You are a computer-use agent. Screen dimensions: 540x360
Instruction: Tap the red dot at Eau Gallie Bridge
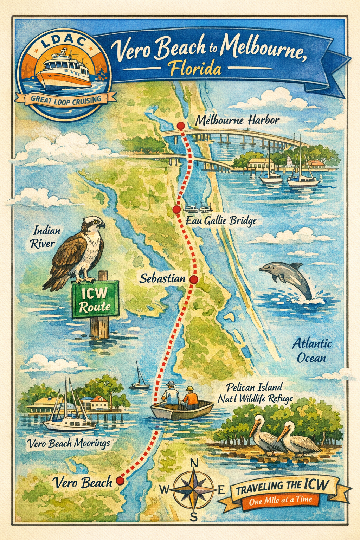pyautogui.click(x=177, y=210)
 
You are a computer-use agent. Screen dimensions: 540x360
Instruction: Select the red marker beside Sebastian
pyautogui.click(x=194, y=279)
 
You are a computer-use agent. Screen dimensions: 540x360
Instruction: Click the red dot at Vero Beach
pyautogui.click(x=120, y=481)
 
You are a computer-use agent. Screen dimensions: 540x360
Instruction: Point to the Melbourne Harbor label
pyautogui.click(x=237, y=121)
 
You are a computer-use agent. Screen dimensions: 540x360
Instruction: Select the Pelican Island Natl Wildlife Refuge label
pyautogui.click(x=255, y=393)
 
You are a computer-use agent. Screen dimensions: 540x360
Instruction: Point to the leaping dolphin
pyautogui.click(x=287, y=278)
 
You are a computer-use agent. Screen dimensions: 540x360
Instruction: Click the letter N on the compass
pyautogui.click(x=194, y=463)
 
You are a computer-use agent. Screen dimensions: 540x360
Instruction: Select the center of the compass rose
pyautogui.click(x=194, y=490)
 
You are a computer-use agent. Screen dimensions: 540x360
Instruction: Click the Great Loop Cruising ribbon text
pyautogui.click(x=66, y=99)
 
